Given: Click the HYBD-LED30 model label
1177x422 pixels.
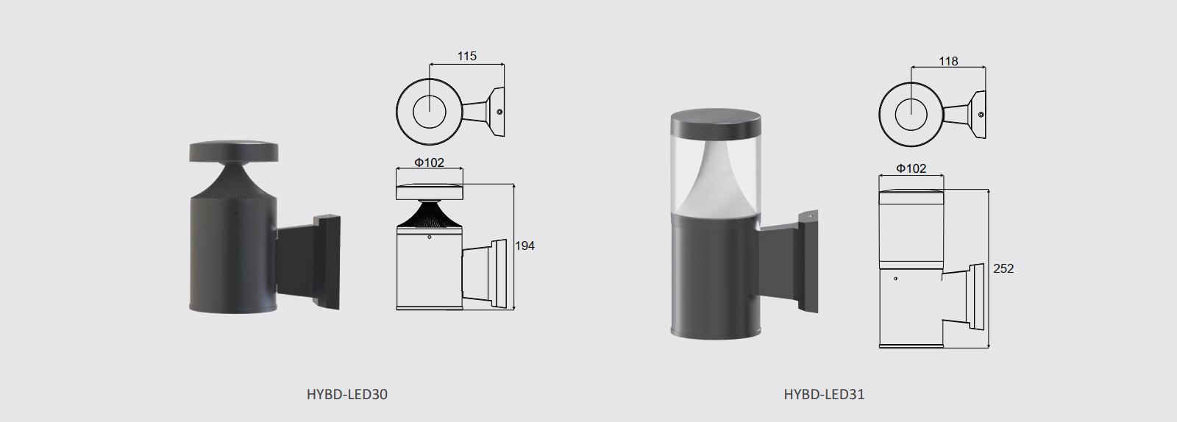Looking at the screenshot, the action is click(346, 394).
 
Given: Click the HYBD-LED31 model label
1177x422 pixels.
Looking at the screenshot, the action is click(824, 394).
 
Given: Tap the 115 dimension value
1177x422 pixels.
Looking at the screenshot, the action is click(466, 56).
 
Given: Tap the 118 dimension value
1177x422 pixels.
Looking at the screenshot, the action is click(948, 62).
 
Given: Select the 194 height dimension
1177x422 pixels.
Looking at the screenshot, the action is click(525, 246).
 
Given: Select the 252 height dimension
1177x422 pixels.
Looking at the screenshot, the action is click(1003, 269).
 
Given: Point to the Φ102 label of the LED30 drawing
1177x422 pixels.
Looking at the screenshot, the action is click(430, 162).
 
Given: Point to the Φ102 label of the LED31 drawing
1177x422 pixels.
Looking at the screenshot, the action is click(911, 168).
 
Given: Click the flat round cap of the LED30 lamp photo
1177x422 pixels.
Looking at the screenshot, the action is click(234, 151).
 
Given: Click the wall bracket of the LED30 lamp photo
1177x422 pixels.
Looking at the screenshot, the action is click(308, 262).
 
